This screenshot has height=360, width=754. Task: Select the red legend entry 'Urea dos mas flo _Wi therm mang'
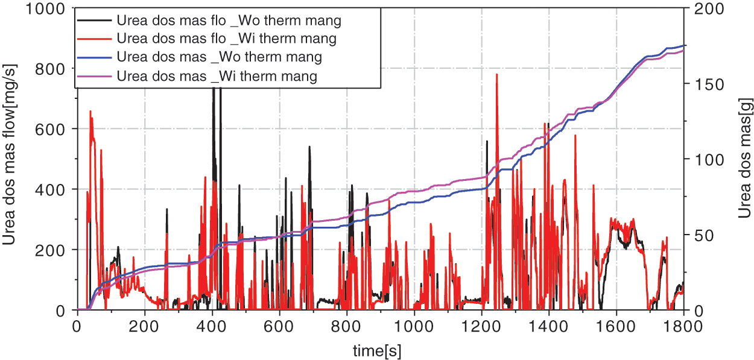227,39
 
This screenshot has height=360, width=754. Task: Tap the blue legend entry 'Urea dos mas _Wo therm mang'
220,57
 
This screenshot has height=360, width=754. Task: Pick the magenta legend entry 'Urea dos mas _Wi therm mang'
217,77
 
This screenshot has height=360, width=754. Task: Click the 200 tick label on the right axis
702,8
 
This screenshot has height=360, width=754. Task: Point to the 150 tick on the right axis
702,84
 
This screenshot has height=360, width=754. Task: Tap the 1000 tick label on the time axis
414,326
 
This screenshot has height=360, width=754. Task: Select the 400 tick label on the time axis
212,326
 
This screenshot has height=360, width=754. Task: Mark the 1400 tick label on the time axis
549,326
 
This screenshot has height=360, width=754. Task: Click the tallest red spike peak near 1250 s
497,75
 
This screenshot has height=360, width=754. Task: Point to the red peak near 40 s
90,112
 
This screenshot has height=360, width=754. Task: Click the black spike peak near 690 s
309,147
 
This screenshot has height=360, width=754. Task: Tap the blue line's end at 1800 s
684,45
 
